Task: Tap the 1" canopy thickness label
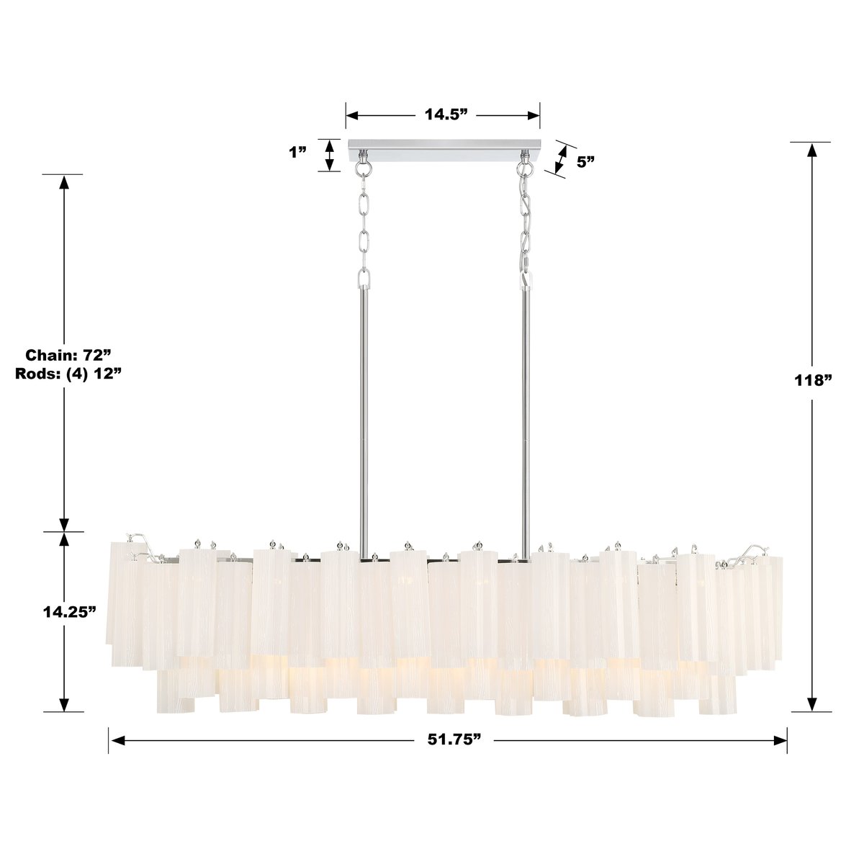(297, 152)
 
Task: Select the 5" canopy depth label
(585, 161)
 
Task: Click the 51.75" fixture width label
(449, 739)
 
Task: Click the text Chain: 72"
(68, 354)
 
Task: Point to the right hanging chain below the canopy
(526, 223)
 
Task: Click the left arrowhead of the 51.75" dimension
(115, 739)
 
